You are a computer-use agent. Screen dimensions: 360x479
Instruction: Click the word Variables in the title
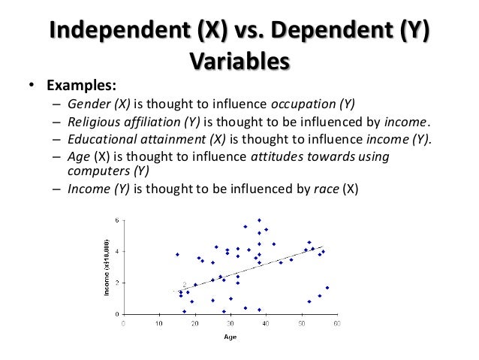239,59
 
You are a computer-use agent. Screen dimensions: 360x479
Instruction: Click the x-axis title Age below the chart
230,337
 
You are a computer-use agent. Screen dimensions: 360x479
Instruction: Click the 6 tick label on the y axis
117,220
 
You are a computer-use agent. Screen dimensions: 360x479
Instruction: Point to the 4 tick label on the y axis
117,252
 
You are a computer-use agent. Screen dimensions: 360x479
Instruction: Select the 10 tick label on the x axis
159,325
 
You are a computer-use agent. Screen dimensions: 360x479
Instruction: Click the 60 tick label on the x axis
337,325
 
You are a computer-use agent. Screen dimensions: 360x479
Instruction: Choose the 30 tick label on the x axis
230,325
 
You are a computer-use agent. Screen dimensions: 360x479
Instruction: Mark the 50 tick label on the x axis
302,325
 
